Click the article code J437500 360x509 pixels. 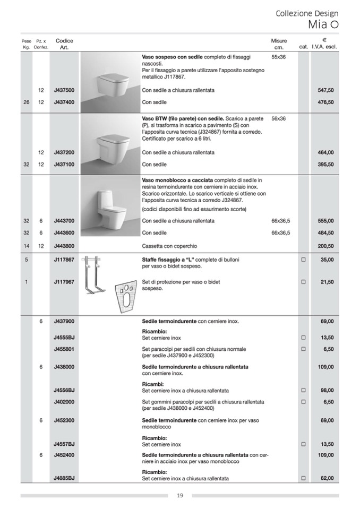pos(64,90)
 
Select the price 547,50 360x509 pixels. pos(325,90)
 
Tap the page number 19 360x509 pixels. pos(180,496)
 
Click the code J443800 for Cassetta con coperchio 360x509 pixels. pos(64,246)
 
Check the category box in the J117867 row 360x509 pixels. pos(304,260)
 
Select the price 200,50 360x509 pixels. pos(325,246)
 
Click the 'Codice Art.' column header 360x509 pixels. pos(64,44)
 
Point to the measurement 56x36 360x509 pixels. pos(278,118)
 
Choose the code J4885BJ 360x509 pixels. pos(64,478)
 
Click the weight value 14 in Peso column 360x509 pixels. pos(27,246)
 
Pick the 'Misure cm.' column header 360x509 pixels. pos(279,44)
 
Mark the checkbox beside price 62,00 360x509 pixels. pos(304,478)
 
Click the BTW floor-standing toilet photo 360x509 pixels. pos(110,144)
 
